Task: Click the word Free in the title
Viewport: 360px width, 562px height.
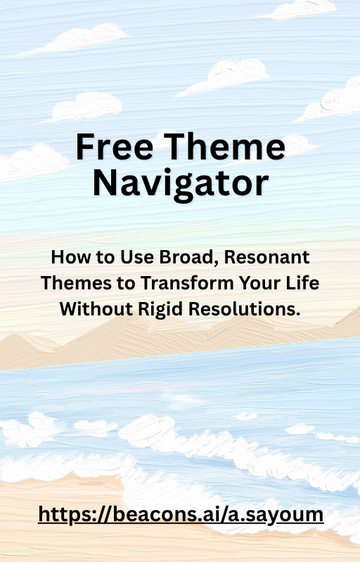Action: click(x=115, y=146)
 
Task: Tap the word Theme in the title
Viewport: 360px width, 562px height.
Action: click(x=224, y=146)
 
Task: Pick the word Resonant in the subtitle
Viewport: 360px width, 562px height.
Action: click(x=266, y=257)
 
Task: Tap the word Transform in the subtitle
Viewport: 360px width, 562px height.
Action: click(x=187, y=283)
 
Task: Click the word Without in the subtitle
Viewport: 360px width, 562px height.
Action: click(x=96, y=308)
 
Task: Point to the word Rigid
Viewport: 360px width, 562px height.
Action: click(x=160, y=309)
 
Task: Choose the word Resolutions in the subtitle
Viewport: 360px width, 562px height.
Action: click(x=245, y=308)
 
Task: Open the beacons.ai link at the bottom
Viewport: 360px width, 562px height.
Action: click(x=181, y=515)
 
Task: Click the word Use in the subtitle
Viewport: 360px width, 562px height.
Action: click(x=137, y=257)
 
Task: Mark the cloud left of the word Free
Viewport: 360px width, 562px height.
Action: click(x=33, y=162)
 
